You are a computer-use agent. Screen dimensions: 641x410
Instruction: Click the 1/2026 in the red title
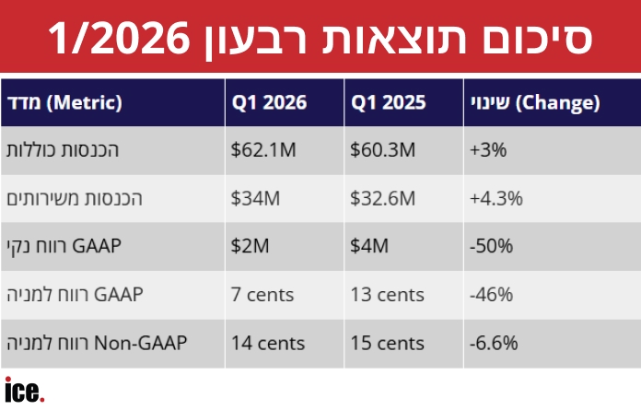pyautogui.click(x=119, y=39)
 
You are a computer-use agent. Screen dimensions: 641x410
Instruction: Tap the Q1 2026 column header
pyautogui.click(x=269, y=102)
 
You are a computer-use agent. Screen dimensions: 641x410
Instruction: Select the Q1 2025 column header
pyautogui.click(x=388, y=102)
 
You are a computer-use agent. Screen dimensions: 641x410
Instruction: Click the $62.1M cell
pyautogui.click(x=263, y=149)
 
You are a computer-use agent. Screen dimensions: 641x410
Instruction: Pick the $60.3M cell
pyautogui.click(x=382, y=149)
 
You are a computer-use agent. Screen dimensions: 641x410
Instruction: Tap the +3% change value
pyautogui.click(x=488, y=149)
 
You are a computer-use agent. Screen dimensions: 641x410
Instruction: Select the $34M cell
pyautogui.click(x=255, y=198)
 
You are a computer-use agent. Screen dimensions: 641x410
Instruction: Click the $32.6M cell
pyautogui.click(x=382, y=198)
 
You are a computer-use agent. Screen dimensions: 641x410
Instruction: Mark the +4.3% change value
pyautogui.click(x=496, y=198)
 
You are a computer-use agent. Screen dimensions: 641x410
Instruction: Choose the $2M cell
pyautogui.click(x=250, y=246)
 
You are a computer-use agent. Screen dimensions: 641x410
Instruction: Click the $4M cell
pyautogui.click(x=369, y=246)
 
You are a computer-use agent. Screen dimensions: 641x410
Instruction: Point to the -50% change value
pyautogui.click(x=492, y=246)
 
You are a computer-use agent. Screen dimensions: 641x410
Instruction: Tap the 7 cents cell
pyautogui.click(x=262, y=295)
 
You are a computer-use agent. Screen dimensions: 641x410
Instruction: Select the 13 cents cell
pyautogui.click(x=388, y=295)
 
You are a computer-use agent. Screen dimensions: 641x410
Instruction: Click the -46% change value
pyautogui.click(x=492, y=295)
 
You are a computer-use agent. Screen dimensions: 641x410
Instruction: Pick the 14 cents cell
pyautogui.click(x=268, y=343)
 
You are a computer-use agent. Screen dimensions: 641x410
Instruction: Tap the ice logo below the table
pyautogui.click(x=25, y=390)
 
